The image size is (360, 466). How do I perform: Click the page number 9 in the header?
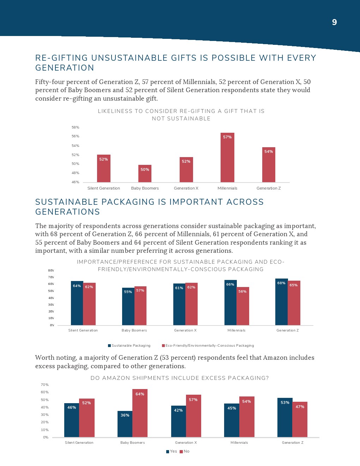click(334, 22)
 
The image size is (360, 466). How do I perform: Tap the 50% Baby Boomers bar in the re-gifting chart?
click(145, 173)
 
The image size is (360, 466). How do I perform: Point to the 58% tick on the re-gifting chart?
click(76, 127)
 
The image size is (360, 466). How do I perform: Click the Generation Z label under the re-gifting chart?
click(269, 188)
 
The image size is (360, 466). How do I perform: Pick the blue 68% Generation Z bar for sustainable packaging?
click(281, 302)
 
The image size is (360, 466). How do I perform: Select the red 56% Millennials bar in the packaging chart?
click(243, 306)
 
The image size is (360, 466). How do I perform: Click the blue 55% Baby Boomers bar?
click(128, 306)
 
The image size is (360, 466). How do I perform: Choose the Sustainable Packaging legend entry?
click(129, 346)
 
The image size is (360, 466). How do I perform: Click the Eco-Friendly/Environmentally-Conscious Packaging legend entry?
click(208, 346)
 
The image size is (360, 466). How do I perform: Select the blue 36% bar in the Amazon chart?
click(125, 424)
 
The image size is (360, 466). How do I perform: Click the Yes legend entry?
click(172, 452)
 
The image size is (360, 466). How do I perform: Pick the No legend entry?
click(185, 452)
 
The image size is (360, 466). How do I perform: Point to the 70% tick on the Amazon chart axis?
click(45, 385)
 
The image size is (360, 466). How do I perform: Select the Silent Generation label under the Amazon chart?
click(79, 443)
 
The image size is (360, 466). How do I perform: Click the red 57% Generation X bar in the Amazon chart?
click(193, 416)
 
